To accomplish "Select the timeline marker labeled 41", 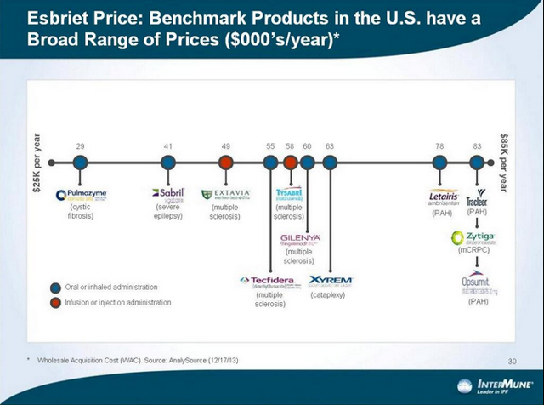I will pos(168,162).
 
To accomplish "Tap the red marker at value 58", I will pos(290,162).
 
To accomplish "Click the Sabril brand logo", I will pos(167,194).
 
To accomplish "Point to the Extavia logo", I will pos(226,194).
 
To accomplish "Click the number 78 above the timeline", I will pos(439,146).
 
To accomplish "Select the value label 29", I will pos(80,146).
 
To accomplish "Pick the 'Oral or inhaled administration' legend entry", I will pos(110,288).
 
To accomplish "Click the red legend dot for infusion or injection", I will pos(55,302).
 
